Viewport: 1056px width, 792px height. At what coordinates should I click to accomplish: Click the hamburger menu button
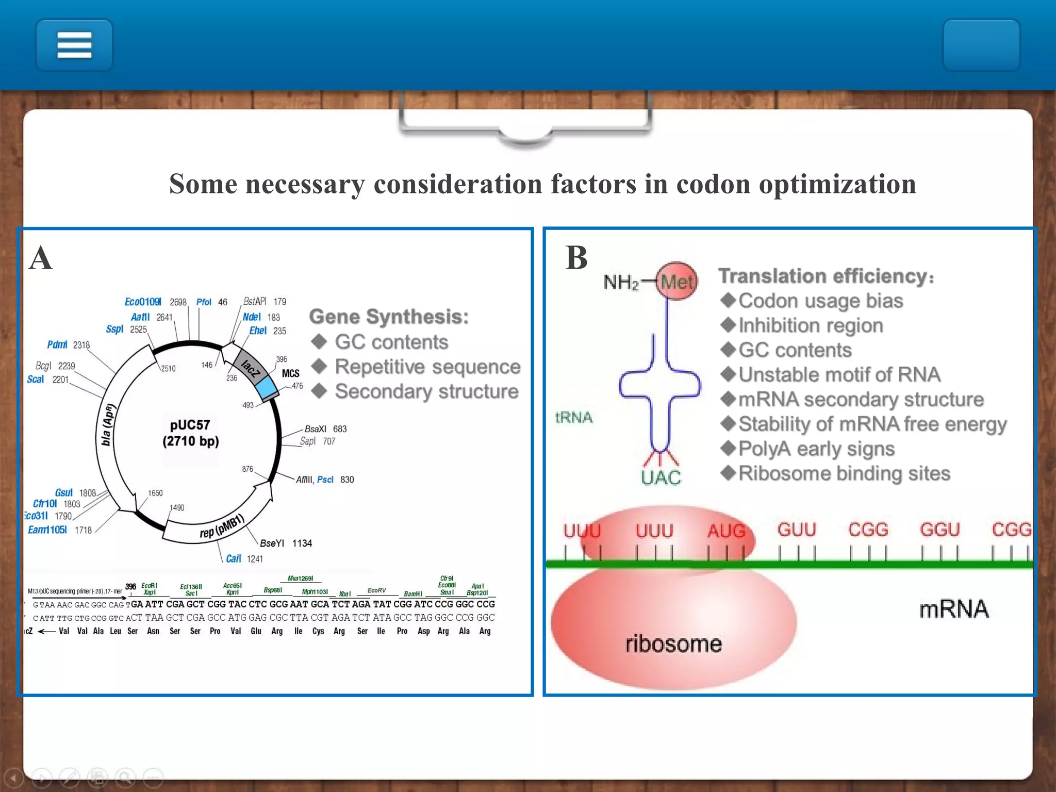(74, 45)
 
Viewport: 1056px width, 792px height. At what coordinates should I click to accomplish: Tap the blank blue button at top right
(981, 45)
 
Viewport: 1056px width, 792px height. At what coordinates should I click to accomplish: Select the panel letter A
(41, 258)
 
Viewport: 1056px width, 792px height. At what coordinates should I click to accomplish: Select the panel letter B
(576, 258)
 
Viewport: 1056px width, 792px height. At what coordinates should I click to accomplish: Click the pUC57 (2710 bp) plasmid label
(190, 433)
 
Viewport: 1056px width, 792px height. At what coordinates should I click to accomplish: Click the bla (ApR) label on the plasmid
(107, 425)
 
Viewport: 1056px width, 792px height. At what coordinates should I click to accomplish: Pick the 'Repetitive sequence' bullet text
(427, 367)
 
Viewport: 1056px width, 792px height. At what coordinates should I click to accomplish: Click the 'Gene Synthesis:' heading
(389, 317)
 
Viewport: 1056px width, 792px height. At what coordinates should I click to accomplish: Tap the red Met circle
(677, 282)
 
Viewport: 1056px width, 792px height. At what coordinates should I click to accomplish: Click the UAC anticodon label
(661, 478)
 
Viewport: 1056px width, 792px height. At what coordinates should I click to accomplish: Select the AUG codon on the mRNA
(726, 531)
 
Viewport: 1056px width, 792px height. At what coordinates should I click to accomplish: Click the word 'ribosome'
(673, 644)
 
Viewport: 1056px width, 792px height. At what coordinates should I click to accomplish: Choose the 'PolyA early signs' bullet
(816, 449)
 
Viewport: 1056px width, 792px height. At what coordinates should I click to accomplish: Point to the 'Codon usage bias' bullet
(820, 301)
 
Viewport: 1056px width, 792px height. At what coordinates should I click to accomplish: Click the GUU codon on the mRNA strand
(797, 530)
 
